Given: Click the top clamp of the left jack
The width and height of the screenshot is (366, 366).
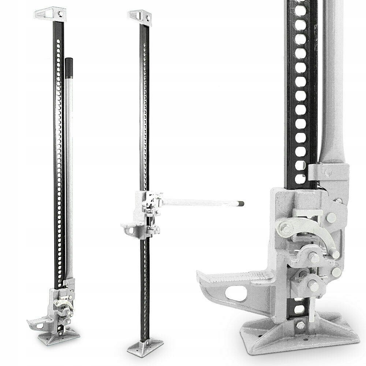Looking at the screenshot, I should [50, 14].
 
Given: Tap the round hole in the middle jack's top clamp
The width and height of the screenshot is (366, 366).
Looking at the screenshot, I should [147, 16].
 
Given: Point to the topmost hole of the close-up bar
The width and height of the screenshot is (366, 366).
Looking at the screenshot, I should [300, 11].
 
